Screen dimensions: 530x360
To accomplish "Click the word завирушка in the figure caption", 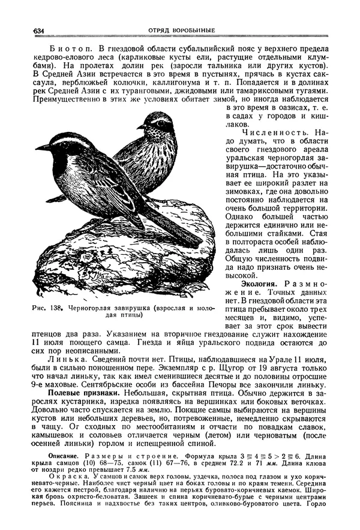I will (128, 308).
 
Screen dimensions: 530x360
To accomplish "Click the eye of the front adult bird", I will (59, 143).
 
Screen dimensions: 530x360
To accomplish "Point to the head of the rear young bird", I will (157, 122).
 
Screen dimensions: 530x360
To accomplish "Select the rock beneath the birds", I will (108, 258).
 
